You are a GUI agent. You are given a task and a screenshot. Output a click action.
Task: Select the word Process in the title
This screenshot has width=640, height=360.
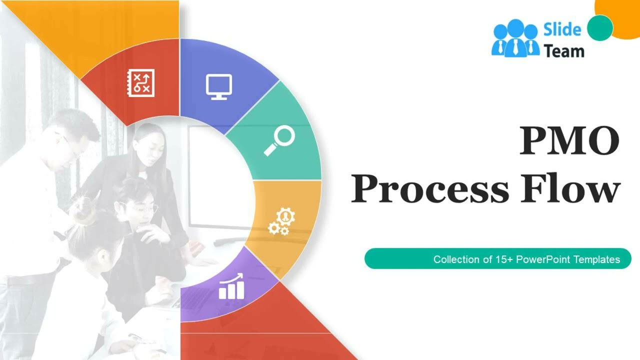pyautogui.click(x=429, y=189)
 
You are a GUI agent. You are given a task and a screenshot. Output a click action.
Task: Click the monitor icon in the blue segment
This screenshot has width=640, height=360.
pyautogui.click(x=219, y=86)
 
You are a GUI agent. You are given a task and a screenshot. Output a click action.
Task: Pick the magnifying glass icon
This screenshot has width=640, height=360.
pyautogui.click(x=279, y=140)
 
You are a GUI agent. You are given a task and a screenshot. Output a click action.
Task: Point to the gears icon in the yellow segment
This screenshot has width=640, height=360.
pyautogui.click(x=281, y=221)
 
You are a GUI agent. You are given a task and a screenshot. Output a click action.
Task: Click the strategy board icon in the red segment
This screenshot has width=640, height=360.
pyautogui.click(x=140, y=83)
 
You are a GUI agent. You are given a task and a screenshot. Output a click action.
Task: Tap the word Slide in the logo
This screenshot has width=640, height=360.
pyautogui.click(x=562, y=30)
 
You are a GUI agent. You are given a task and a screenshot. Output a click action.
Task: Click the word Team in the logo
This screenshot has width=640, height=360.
pyautogui.click(x=564, y=51)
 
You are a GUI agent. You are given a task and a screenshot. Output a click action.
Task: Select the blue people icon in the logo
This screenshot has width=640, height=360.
pyautogui.click(x=515, y=38)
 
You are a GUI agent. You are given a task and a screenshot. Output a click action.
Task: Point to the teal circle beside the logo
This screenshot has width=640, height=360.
pyautogui.click(x=600, y=27)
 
